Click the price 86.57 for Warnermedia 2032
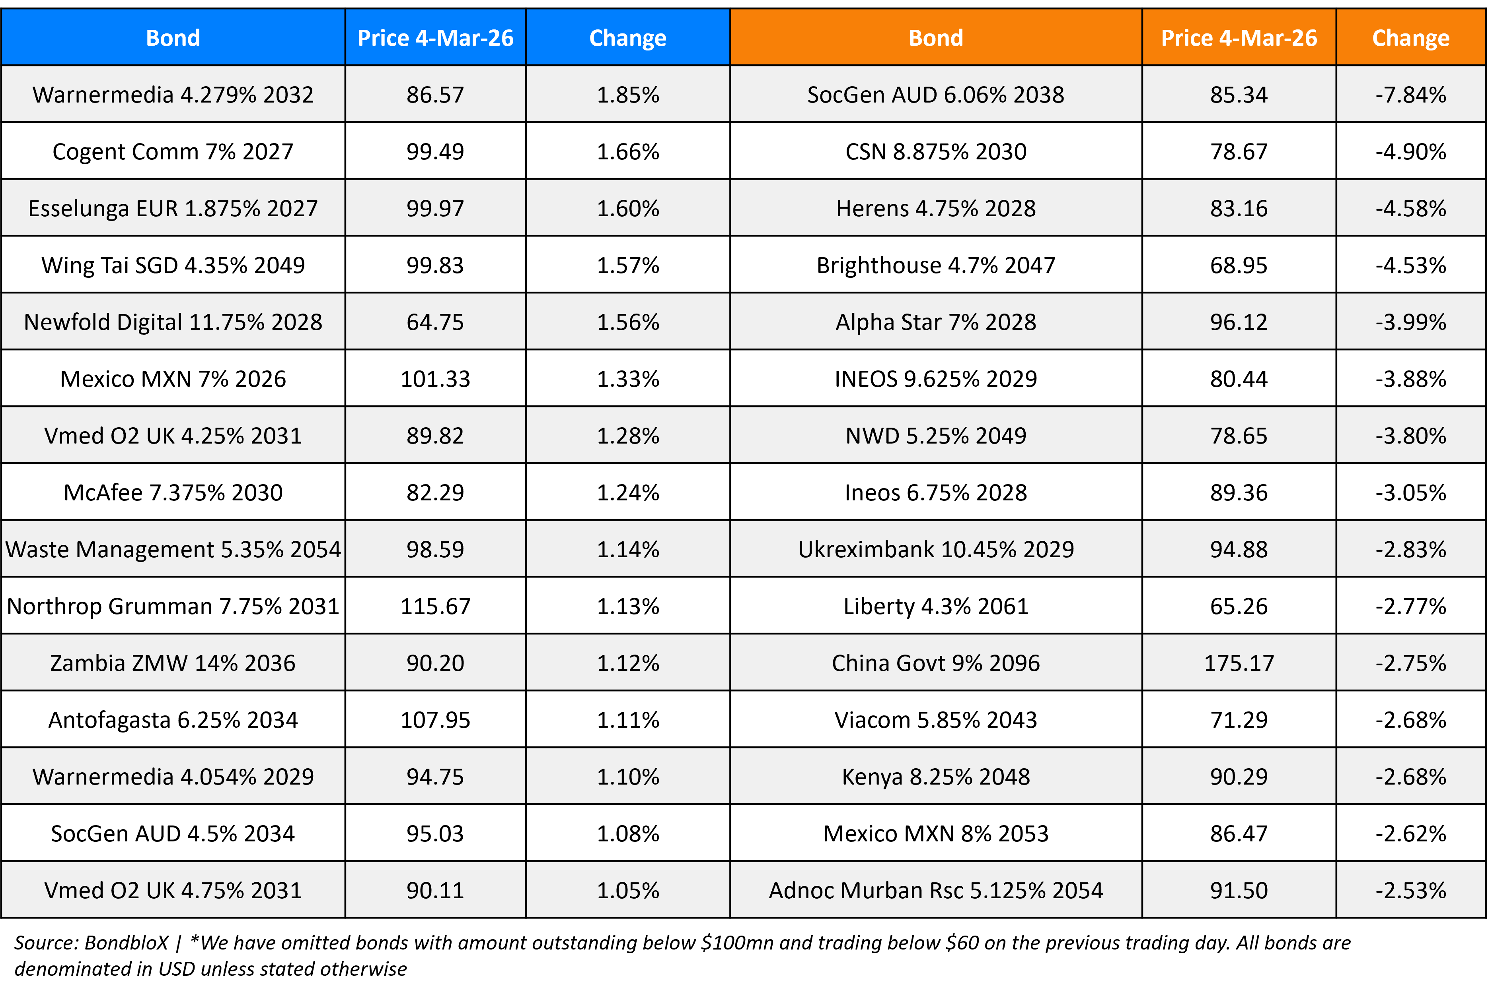435,95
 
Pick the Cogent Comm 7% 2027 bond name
173,151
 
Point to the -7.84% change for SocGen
1410,95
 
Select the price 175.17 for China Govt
1238,663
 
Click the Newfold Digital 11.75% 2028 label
173,322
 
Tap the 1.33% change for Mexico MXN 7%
627,379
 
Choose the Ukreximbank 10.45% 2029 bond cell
936,549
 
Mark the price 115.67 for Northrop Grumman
435,607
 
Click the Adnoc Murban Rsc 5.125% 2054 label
936,890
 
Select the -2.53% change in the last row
1410,890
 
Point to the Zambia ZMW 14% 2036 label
173,663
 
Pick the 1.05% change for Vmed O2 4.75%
627,890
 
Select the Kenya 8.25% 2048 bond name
936,777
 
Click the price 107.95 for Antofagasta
435,720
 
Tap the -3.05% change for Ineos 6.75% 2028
1410,492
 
